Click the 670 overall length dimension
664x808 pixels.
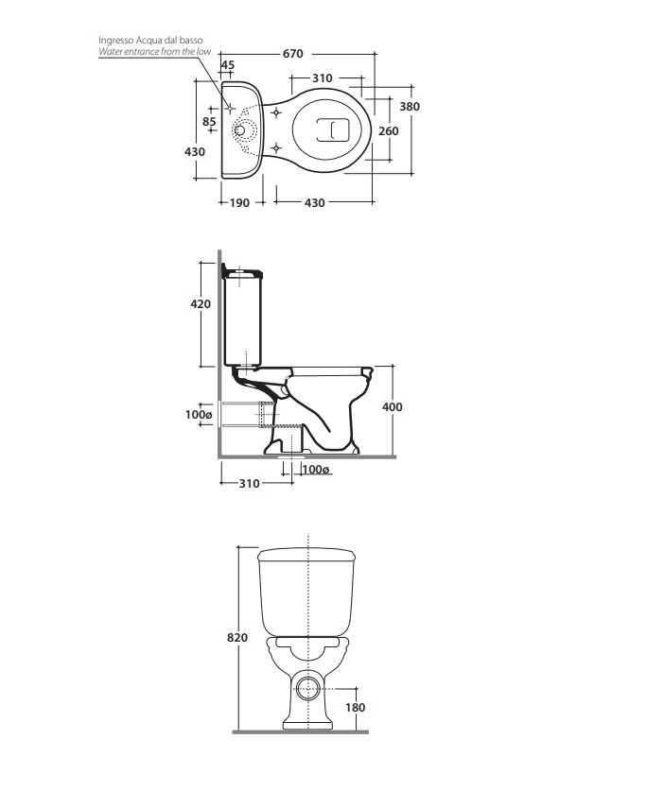tap(293, 54)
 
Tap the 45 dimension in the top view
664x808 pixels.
tap(228, 65)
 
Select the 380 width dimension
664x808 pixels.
tap(409, 107)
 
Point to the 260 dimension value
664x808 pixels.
tap(388, 131)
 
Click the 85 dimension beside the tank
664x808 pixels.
tap(209, 121)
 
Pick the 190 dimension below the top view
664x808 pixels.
tap(240, 202)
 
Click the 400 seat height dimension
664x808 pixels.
tap(393, 406)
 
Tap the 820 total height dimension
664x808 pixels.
tap(236, 638)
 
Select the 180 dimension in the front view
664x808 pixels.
tap(356, 707)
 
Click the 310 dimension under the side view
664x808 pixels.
tap(248, 483)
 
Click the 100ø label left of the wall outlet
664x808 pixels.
tap(199, 414)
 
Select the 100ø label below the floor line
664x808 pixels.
tap(316, 470)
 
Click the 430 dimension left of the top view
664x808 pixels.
tap(195, 152)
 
